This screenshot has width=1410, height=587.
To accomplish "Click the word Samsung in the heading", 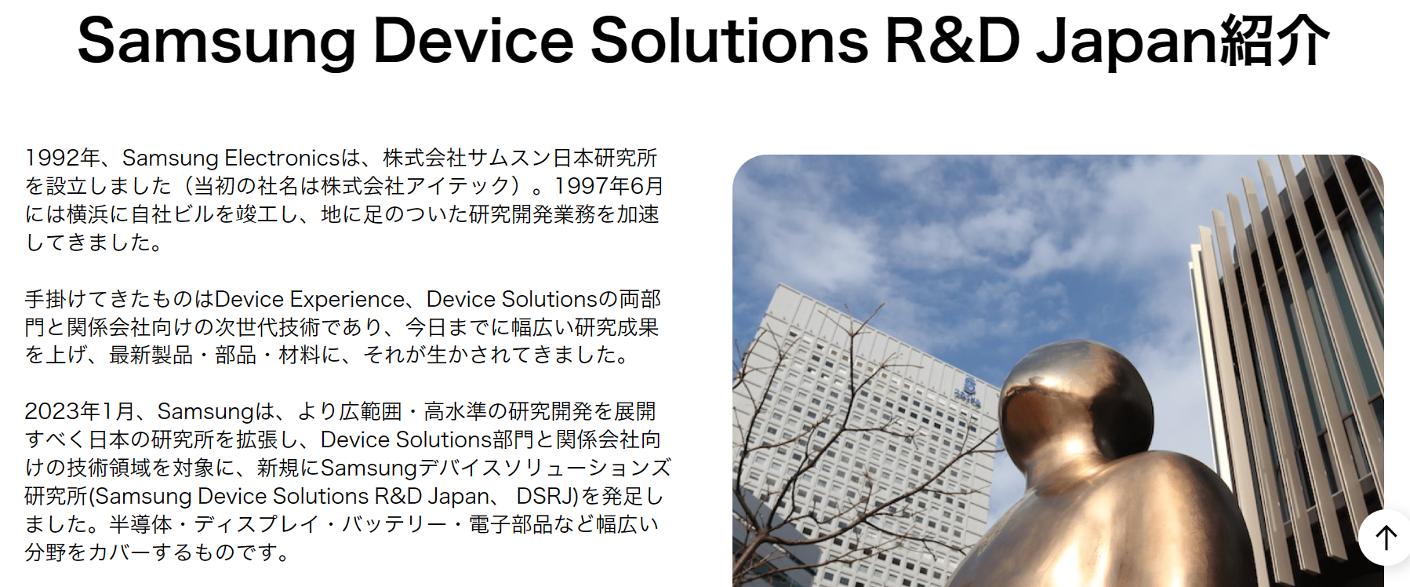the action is [x=216, y=42].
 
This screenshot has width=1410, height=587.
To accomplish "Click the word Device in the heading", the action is [x=473, y=40].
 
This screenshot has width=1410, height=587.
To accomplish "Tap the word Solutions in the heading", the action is [x=729, y=40].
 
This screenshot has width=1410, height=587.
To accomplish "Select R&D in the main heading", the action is [x=952, y=40].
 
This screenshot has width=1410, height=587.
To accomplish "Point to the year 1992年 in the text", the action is [x=63, y=158].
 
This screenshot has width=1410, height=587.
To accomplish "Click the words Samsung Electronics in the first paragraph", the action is [x=231, y=158].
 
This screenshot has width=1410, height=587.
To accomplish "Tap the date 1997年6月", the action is [x=609, y=186].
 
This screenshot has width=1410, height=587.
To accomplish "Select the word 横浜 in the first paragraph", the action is [x=87, y=214].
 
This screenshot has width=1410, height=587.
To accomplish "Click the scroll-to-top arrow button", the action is [x=1386, y=538].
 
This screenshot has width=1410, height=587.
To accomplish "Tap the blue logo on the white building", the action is [x=969, y=388].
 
